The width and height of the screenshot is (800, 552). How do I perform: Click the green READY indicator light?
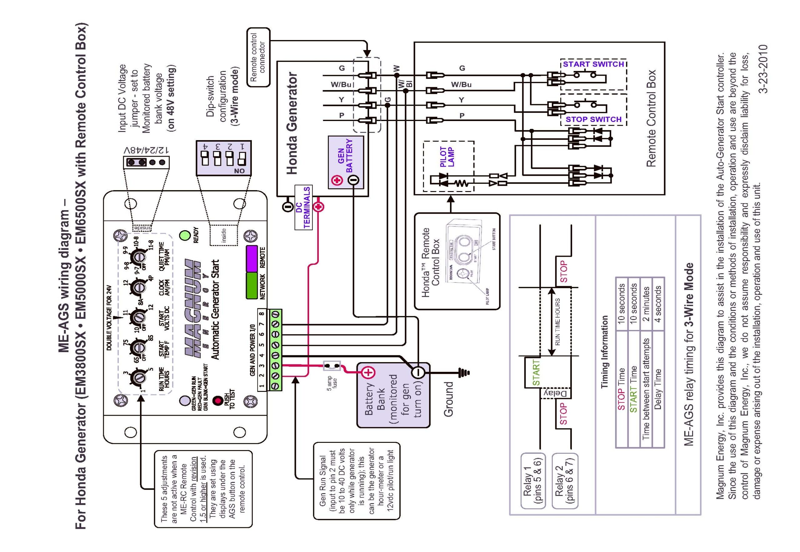tap(185, 235)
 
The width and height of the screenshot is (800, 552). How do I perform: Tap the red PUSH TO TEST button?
tap(218, 401)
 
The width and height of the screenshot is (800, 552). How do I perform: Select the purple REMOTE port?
tap(252, 258)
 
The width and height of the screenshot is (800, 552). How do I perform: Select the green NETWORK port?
tap(252, 286)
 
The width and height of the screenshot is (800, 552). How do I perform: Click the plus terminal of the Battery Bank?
tap(368, 372)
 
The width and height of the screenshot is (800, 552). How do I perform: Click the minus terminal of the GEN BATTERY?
tap(353, 180)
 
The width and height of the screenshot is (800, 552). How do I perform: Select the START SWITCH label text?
tap(593, 64)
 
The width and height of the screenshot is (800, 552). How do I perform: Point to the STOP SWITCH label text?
tap(593, 119)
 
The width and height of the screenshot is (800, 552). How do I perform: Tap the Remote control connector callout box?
tap(258, 58)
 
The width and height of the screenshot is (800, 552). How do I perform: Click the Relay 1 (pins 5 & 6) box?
tap(533, 480)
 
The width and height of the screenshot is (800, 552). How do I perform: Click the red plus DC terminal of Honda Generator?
tap(318, 207)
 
